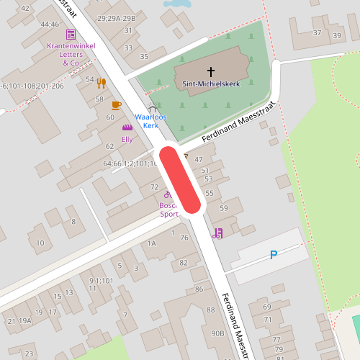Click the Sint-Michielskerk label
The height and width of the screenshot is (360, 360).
point(211,84)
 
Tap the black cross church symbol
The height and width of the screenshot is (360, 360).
point(211,71)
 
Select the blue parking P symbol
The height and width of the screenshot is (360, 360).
point(273,254)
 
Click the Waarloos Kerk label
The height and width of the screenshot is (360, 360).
point(150,121)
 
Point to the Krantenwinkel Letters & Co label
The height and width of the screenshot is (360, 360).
point(71,54)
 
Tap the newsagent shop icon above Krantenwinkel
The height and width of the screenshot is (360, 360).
point(71,35)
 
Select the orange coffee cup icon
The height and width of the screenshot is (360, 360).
point(117,106)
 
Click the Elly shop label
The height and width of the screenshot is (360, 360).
point(127,139)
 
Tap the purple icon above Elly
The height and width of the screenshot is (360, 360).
point(127,127)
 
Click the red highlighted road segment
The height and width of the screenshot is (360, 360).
point(180,180)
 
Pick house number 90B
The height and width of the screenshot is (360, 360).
point(217,333)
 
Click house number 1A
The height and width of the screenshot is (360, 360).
point(151,243)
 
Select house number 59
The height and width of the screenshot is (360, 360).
point(223,208)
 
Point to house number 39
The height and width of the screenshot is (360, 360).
point(337,36)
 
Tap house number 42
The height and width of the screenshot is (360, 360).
point(25,8)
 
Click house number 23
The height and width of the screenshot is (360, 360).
point(29,354)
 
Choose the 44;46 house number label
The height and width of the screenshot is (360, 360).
point(50,24)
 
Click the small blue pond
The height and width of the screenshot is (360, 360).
point(177,4)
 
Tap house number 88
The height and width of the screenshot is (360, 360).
point(211,310)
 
